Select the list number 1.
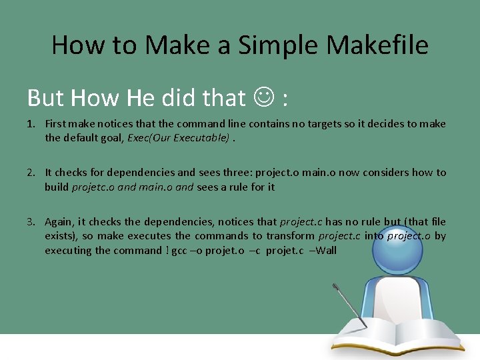click(x=31, y=124)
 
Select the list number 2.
click(x=31, y=173)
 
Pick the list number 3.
click(x=31, y=221)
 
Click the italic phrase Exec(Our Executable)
click(x=189, y=138)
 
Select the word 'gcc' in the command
click(x=179, y=251)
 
